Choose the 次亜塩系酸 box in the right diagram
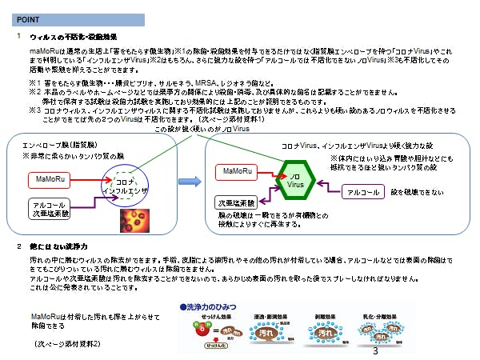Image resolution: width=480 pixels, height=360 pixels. [x=235, y=202]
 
